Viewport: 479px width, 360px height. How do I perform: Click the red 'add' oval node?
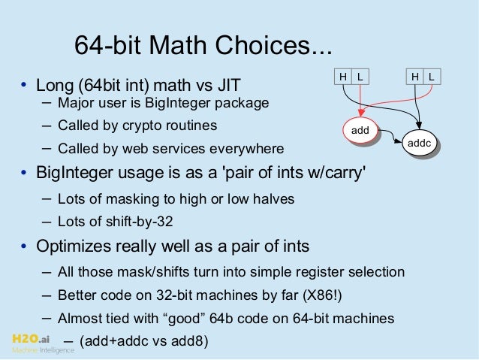[x=360, y=130]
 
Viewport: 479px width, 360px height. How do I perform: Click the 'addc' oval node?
[x=417, y=141]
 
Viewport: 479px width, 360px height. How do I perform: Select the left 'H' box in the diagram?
[x=343, y=76]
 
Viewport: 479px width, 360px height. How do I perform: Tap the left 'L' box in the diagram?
[x=360, y=76]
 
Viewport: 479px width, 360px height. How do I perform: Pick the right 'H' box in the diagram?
[x=416, y=76]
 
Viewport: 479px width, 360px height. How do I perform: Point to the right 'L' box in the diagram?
[x=433, y=76]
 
